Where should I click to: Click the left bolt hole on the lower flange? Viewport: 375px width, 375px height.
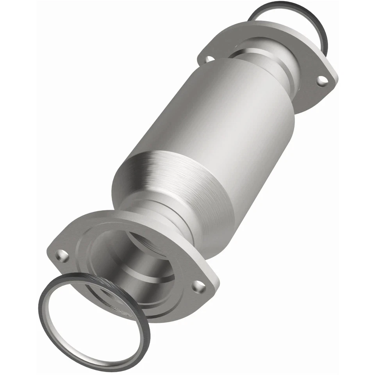62,256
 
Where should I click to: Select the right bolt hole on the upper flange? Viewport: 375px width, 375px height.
321,80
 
